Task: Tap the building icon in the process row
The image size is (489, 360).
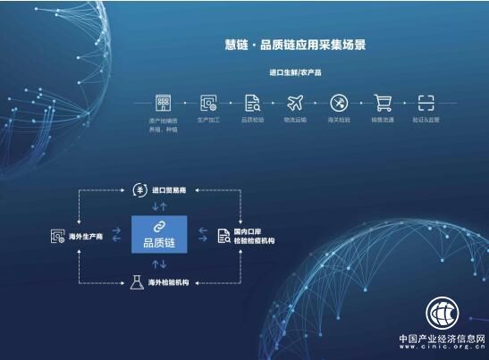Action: click(163, 102)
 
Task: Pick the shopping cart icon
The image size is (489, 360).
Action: click(383, 102)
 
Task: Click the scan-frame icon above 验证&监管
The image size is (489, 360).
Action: click(426, 102)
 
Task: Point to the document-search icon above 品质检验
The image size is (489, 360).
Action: click(252, 102)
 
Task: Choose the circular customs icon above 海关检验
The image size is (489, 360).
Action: click(339, 102)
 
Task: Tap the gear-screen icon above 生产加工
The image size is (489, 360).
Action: click(208, 102)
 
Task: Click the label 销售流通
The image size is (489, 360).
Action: click(383, 120)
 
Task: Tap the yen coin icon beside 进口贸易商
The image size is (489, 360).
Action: click(139, 188)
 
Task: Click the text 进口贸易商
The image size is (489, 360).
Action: click(171, 189)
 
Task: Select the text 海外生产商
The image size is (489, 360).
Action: click(87, 236)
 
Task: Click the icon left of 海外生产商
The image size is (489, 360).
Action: click(57, 236)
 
